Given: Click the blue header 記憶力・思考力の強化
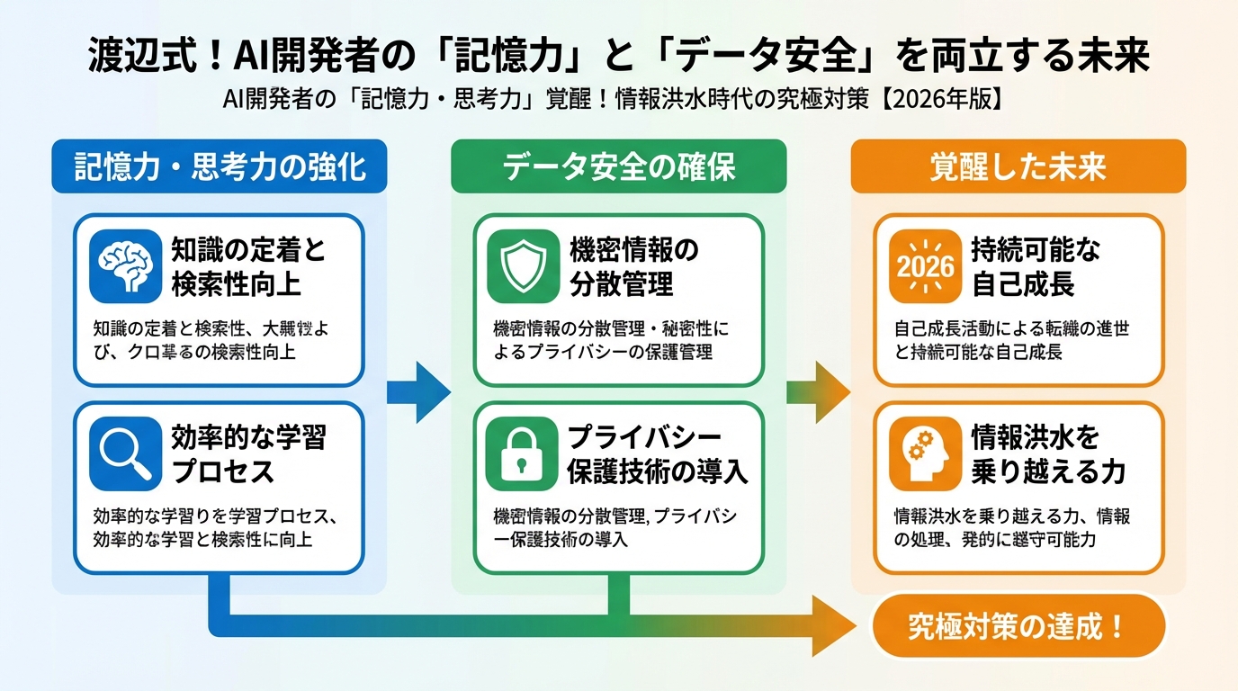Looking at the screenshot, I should [220, 167].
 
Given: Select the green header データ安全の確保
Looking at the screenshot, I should [619, 167].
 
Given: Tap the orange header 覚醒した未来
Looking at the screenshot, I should [1018, 167].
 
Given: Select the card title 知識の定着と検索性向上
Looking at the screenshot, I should [248, 267].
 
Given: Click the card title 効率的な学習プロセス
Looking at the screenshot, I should [248, 455].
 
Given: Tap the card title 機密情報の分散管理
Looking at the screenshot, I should [633, 267].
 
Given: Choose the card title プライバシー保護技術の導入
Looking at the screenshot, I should [657, 455].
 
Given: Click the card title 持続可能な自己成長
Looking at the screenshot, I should [1035, 267].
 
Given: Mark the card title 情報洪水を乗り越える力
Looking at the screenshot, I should [1048, 455].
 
